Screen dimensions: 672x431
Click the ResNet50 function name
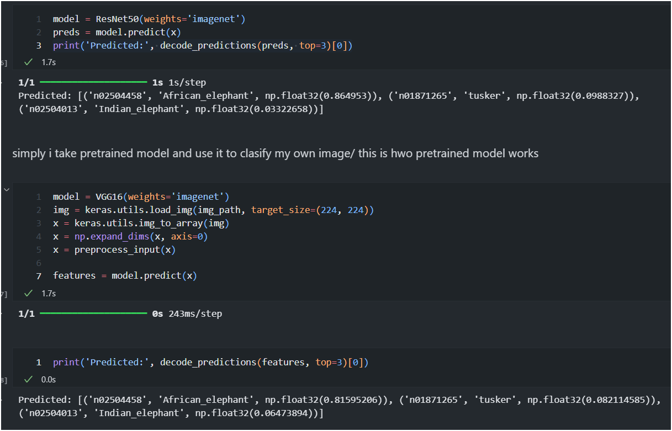(x=117, y=19)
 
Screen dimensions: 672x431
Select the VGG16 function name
(x=109, y=196)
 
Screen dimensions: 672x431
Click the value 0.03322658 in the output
(x=282, y=109)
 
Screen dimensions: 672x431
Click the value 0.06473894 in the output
(x=282, y=413)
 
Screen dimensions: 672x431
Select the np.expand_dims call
(x=112, y=237)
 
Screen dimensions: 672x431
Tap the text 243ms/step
(x=195, y=314)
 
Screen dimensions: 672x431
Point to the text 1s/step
(x=187, y=82)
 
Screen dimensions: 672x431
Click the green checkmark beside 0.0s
(x=28, y=380)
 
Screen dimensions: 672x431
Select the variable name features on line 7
(x=75, y=276)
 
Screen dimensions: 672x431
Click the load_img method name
(x=171, y=210)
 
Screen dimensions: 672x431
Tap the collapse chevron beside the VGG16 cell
(x=7, y=190)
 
